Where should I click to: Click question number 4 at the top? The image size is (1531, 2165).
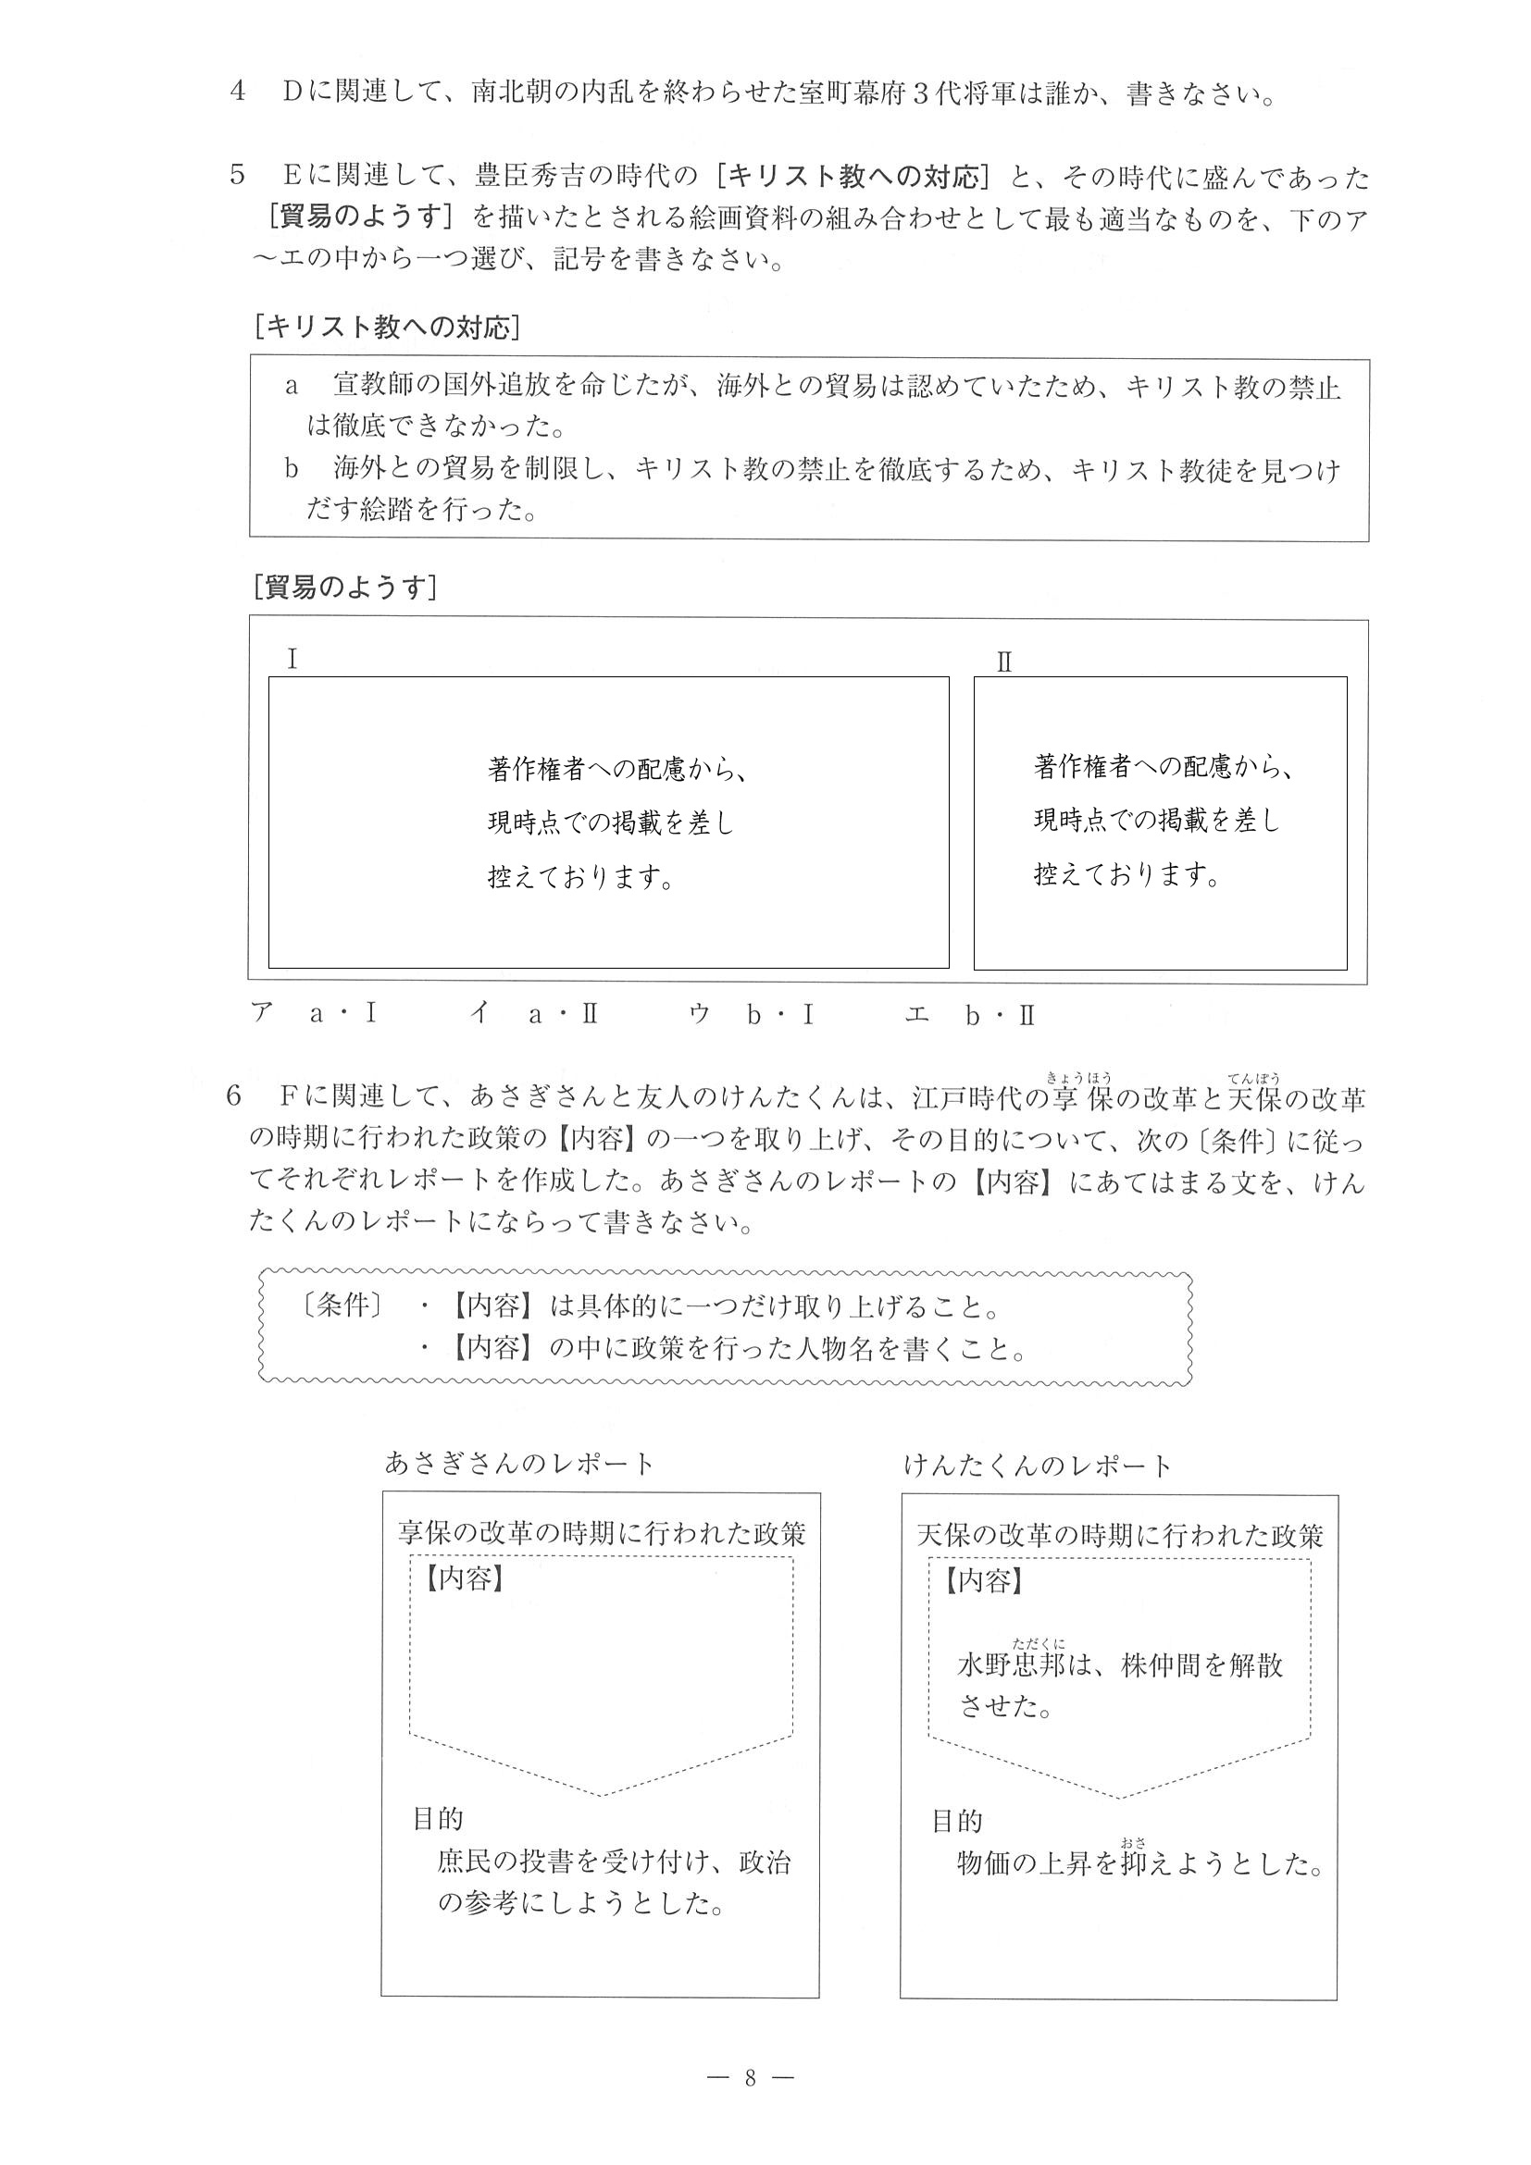pyautogui.click(x=238, y=93)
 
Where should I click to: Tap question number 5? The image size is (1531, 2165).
pyautogui.click(x=238, y=177)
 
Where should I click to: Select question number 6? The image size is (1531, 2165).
pyautogui.click(x=234, y=1096)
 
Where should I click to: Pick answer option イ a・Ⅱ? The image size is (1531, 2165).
pyautogui.click(x=536, y=1015)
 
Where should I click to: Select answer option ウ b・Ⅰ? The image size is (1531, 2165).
pyautogui.click(x=752, y=1015)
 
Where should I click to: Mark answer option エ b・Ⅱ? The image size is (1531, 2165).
pyautogui.click(x=971, y=1015)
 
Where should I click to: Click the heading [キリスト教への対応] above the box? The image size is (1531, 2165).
pyautogui.click(x=387, y=328)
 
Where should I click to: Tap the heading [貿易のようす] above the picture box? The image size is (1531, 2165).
pyautogui.click(x=345, y=588)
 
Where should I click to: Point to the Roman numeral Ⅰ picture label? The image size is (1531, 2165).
pyautogui.click(x=293, y=659)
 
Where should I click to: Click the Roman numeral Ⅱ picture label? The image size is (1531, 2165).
pyautogui.click(x=1003, y=662)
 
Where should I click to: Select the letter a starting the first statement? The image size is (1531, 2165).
pyautogui.click(x=292, y=387)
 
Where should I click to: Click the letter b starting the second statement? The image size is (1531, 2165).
pyautogui.click(x=292, y=469)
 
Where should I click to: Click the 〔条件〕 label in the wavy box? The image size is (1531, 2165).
pyautogui.click(x=336, y=1306)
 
